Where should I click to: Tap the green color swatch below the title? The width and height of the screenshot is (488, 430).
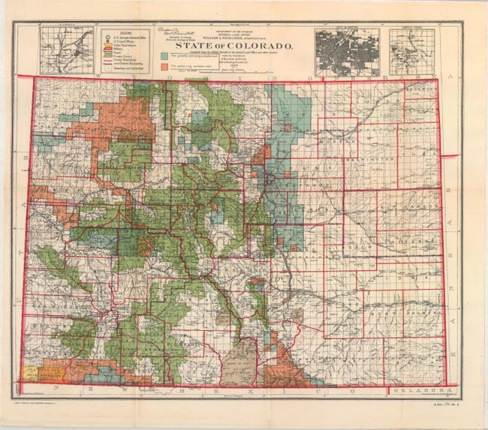(164, 55)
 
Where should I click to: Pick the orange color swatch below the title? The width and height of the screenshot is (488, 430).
(164, 66)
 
